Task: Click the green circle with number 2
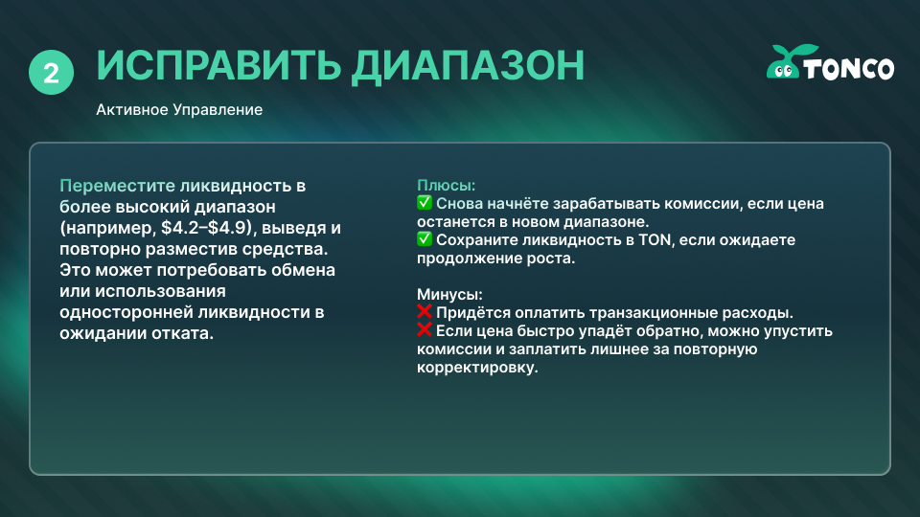(51, 73)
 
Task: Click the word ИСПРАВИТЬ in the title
(218, 65)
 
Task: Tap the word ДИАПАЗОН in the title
(468, 66)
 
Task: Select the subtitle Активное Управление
(179, 109)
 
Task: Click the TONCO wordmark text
(849, 69)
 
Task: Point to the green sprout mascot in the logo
(788, 61)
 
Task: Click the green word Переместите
(117, 186)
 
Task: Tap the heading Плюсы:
(446, 185)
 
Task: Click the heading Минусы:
(449, 294)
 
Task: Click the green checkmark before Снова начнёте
(425, 203)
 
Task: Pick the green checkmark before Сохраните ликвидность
(425, 239)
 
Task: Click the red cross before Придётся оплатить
(425, 312)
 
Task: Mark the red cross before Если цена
(425, 330)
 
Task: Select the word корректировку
(477, 368)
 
